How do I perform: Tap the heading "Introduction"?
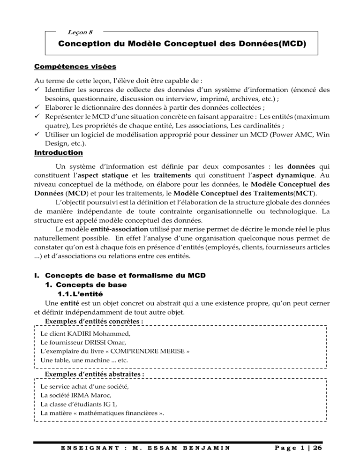[59, 153]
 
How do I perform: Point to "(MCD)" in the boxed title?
[285, 46]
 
